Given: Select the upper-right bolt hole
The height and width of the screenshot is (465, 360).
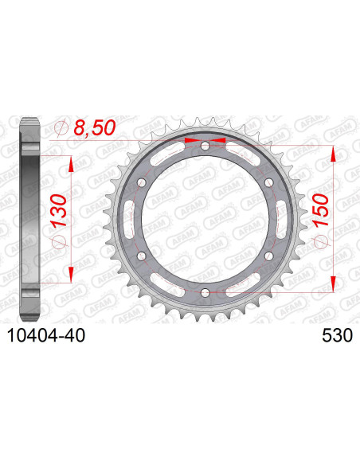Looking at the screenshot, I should [x=269, y=183].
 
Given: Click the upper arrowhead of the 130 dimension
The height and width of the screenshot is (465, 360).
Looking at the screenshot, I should [x=72, y=163].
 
